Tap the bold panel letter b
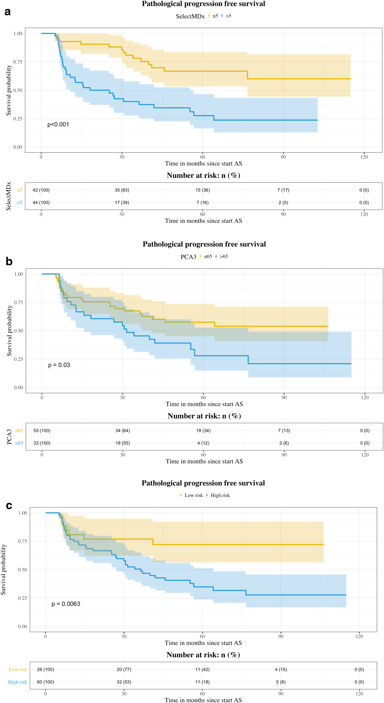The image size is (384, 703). [x=9, y=261]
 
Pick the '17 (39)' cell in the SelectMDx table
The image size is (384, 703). [x=122, y=203]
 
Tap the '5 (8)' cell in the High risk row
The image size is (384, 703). [x=281, y=682]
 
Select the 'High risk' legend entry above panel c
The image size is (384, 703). [x=220, y=495]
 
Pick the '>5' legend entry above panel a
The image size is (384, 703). [x=228, y=16]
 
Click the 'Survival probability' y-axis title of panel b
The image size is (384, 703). [x=9, y=331]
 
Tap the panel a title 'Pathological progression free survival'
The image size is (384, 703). [x=203, y=4]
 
